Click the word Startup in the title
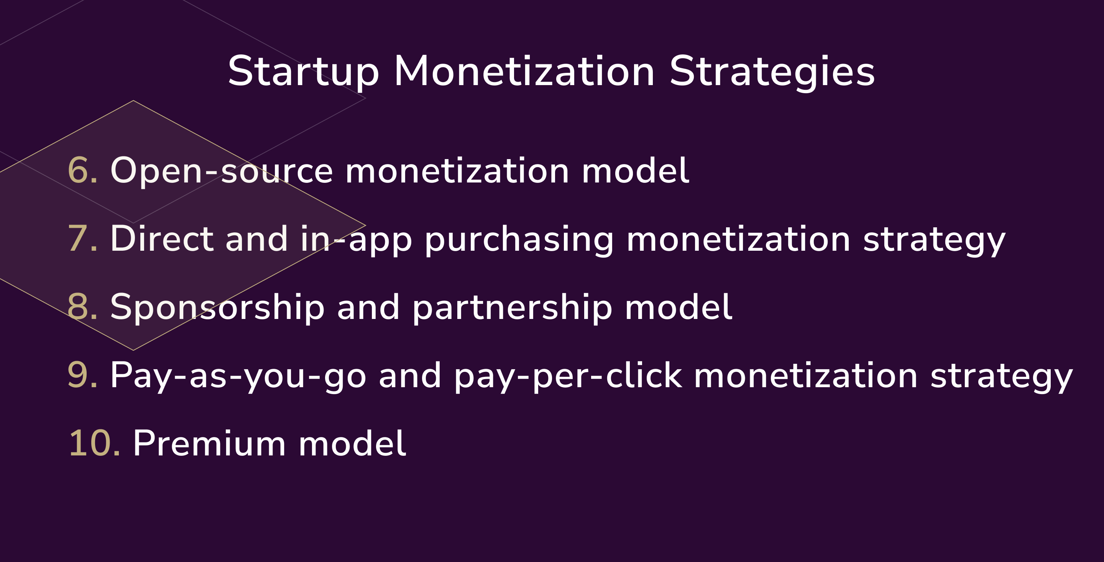tap(304, 72)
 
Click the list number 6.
tap(82, 171)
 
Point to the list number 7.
tap(82, 239)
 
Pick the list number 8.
tap(82, 307)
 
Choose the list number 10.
tap(94, 444)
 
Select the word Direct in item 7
tap(161, 239)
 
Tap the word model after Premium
tap(352, 444)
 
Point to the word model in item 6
tap(635, 171)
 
